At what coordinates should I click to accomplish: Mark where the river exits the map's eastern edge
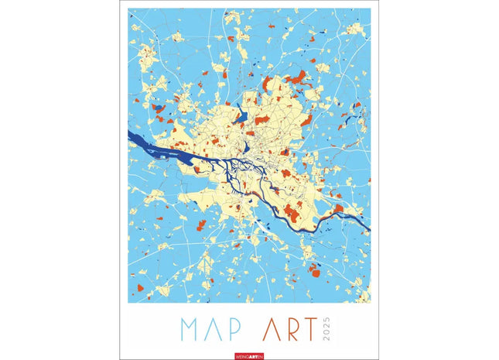[367, 229]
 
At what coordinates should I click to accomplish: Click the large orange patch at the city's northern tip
[297, 77]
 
